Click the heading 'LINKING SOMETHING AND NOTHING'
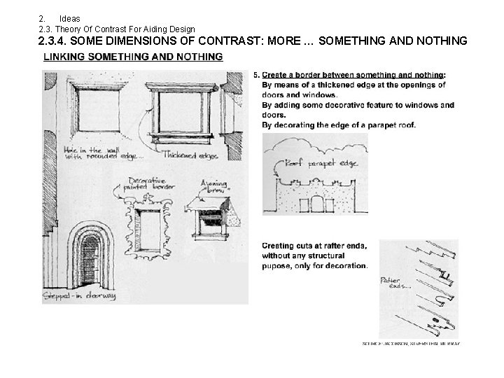[133, 56]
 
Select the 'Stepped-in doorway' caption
[79, 297]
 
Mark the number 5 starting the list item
[256, 74]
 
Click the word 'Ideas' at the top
[70, 17]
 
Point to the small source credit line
[410, 344]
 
